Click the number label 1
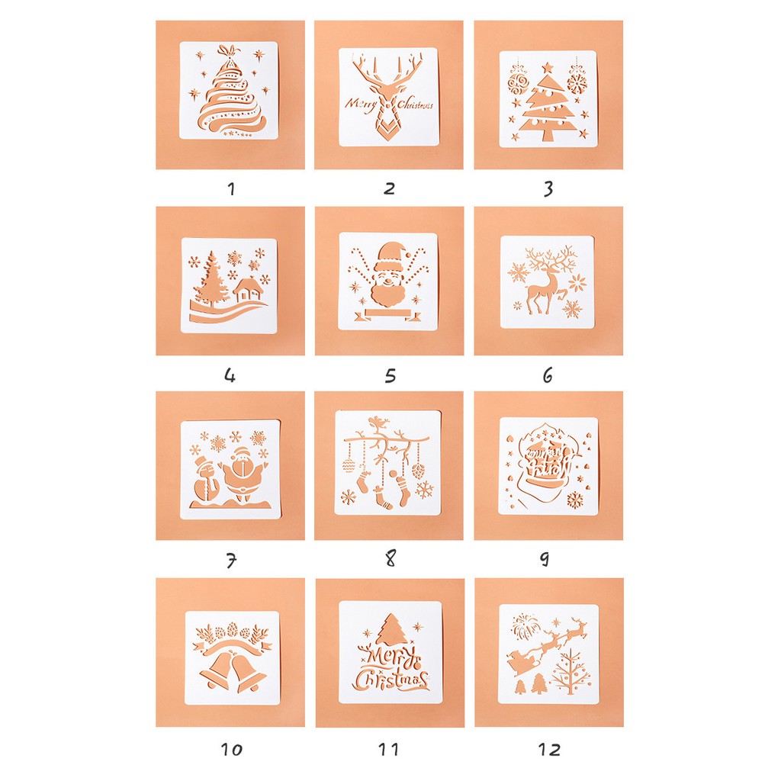coord(231,188)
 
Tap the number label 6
coord(548,374)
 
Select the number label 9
coord(545,559)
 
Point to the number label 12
coord(548,749)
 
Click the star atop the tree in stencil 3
coord(548,68)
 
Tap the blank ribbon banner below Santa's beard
coord(389,313)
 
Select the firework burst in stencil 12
coord(523,627)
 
